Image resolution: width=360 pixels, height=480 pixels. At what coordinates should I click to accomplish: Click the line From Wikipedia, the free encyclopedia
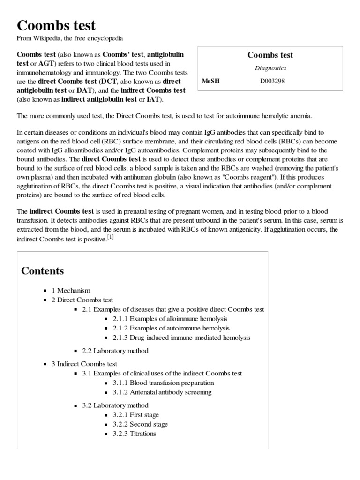[x=70, y=38]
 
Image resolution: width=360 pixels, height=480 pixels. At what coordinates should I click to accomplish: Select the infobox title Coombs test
[x=270, y=55]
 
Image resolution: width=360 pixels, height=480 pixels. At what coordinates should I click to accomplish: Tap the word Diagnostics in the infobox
[x=270, y=68]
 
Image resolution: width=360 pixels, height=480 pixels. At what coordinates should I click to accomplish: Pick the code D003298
[x=272, y=81]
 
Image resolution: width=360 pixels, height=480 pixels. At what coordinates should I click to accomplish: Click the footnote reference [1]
[x=110, y=237]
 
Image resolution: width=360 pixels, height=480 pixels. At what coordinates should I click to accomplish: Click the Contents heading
[x=43, y=271]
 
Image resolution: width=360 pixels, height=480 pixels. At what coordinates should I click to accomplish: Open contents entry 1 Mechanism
[x=71, y=291]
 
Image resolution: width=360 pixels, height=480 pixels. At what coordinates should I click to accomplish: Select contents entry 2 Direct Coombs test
[x=82, y=300]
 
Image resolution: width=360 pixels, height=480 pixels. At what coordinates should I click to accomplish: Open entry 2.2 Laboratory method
[x=115, y=351]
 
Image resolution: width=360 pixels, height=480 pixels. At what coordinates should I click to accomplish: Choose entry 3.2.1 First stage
[x=135, y=415]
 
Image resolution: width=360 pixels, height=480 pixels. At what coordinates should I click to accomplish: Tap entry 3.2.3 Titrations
[x=134, y=434]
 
